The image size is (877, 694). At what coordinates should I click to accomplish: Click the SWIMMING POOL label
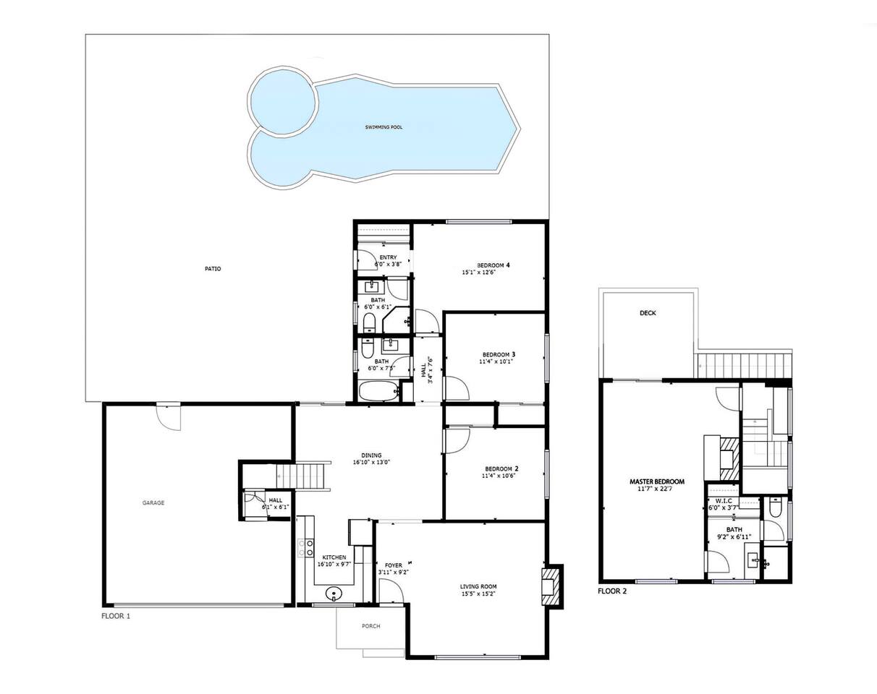pos(384,127)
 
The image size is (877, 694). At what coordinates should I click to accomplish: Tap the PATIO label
pos(213,269)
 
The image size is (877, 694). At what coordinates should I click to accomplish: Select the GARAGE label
pos(153,503)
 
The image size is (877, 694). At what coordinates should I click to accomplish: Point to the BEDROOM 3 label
pos(499,354)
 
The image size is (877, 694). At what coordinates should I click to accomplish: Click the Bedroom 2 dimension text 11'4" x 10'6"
pos(499,476)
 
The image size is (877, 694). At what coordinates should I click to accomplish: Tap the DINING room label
pos(371,455)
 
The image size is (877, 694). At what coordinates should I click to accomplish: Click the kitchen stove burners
pos(306,548)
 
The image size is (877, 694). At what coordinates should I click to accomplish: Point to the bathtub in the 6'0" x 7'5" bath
pos(379,391)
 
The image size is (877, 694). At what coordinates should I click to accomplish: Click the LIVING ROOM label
pos(478,587)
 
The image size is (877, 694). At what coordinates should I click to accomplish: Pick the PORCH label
pos(371,626)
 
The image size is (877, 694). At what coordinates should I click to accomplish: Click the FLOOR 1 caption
pos(116,616)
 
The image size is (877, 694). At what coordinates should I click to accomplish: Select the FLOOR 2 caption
pos(612,591)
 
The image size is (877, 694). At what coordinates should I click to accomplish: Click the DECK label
pos(648,313)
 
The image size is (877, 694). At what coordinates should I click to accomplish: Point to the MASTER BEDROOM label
pos(657,481)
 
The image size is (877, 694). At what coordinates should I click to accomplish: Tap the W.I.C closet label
pos(724,501)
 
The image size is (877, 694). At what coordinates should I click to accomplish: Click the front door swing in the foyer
pos(389,591)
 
